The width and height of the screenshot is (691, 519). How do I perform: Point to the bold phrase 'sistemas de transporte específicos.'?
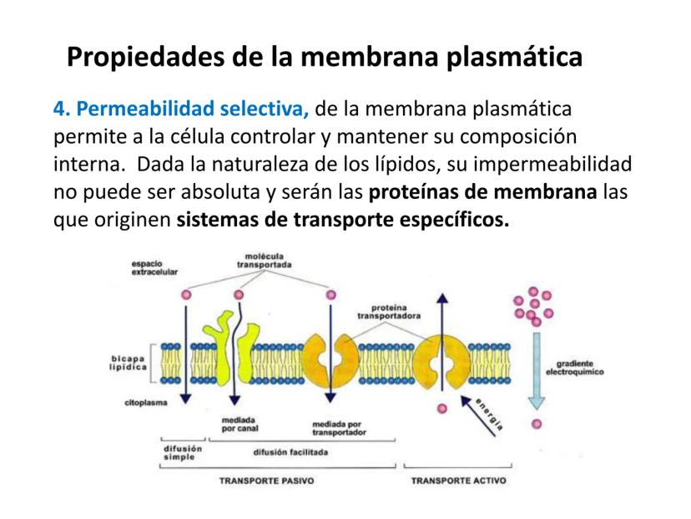342,221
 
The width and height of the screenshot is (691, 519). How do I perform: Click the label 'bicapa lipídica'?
128,364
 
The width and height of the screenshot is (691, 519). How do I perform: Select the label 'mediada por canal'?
240,424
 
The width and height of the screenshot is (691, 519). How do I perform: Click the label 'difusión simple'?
182,452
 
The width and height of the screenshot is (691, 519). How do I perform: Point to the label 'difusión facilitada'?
290,452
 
